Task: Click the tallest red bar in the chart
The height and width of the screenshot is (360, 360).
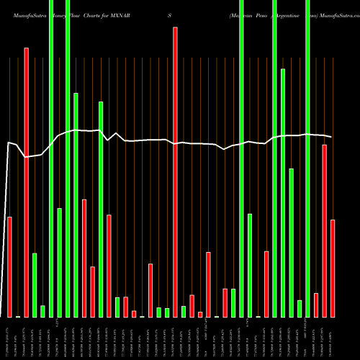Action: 175,173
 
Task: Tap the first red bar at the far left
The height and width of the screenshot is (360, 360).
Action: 9,266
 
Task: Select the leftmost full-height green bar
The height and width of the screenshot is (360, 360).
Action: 51,158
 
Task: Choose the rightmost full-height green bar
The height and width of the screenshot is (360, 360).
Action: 308,158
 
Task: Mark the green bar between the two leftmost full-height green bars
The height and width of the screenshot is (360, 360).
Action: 59,262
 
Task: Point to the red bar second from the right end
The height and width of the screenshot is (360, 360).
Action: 325,230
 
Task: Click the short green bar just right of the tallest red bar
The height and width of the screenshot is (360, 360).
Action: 184,311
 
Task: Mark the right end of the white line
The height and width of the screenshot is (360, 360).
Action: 331,137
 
